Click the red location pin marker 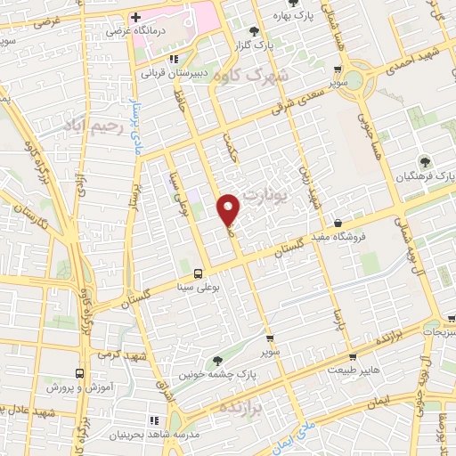(x=229, y=208)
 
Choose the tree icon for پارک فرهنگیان (x=424, y=161)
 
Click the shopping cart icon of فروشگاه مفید (x=338, y=222)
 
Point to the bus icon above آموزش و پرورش (x=80, y=374)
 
